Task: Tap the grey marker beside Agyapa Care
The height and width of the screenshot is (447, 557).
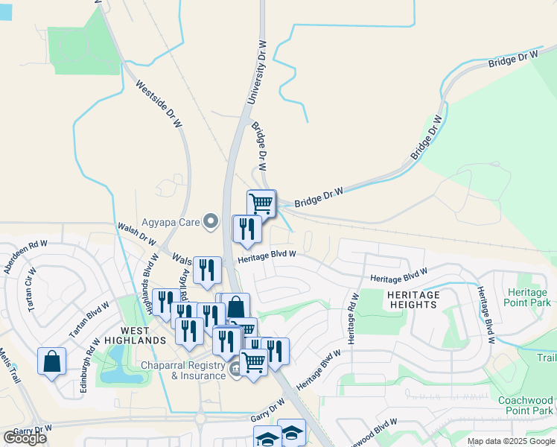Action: pos(211,221)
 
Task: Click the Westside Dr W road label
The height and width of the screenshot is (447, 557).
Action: pos(160,105)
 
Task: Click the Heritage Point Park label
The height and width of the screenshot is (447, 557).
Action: pos(526,297)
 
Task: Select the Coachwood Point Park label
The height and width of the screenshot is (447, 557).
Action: pos(526,405)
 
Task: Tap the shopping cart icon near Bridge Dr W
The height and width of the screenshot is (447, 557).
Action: pos(261,202)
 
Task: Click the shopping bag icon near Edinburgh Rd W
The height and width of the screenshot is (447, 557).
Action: pos(52,361)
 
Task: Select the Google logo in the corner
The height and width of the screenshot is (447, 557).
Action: pos(25,438)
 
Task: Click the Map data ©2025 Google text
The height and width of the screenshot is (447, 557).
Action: pos(511,441)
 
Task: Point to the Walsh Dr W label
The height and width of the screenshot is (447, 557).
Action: pos(136,233)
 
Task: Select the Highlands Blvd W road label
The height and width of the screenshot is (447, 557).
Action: pos(150,282)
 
